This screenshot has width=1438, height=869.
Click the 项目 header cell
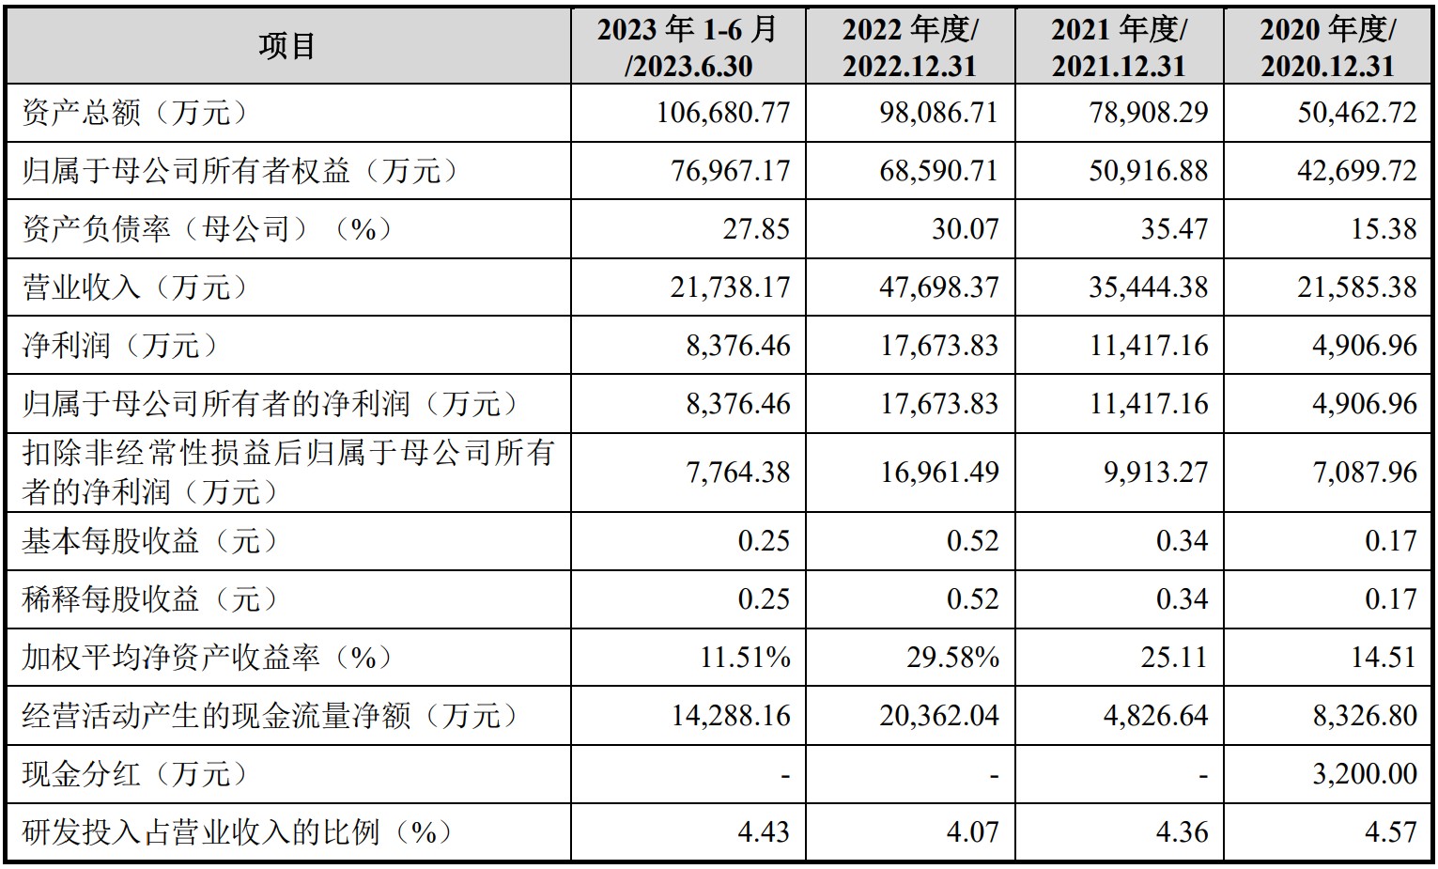(287, 46)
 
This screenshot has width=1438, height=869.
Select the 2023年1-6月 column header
(688, 46)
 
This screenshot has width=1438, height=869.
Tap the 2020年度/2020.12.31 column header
(1327, 46)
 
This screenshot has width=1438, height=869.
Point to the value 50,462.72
(1356, 113)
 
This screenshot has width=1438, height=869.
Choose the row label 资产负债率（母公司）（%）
(208, 229)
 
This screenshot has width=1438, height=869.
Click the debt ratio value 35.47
(1174, 229)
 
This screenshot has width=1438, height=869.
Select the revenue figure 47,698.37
(939, 287)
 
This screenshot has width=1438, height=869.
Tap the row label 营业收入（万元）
(137, 287)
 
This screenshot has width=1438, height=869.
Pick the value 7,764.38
(738, 472)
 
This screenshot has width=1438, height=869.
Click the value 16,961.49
(939, 472)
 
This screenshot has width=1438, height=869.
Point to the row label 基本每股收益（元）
(151, 541)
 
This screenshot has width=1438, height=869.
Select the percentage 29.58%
(952, 657)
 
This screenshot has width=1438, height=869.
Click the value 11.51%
(745, 657)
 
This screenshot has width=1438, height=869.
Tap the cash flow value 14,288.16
(731, 716)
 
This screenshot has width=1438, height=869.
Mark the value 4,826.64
(1155, 716)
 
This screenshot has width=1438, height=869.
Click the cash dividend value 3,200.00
(1364, 774)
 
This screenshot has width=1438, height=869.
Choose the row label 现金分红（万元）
(137, 774)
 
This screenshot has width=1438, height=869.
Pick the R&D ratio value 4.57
(1390, 832)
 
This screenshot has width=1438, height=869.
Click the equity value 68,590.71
(939, 171)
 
